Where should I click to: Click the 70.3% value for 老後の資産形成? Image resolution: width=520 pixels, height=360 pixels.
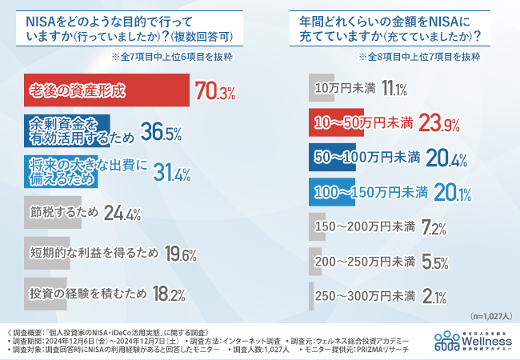click(x=214, y=91)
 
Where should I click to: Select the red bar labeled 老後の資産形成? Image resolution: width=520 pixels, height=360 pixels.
click(x=105, y=90)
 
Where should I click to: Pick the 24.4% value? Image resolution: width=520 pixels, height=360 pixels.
click(x=122, y=214)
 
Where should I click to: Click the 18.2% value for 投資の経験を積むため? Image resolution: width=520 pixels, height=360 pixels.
click(x=170, y=294)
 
